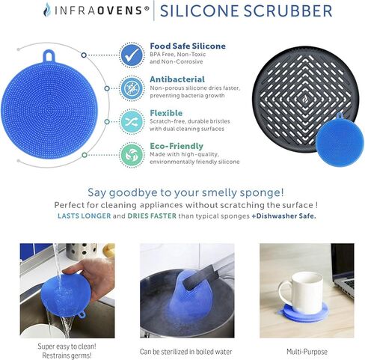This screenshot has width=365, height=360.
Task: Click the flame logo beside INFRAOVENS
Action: [47, 10]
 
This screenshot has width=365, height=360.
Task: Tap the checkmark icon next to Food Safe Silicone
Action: [132, 55]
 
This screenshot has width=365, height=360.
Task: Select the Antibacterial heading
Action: [177, 79]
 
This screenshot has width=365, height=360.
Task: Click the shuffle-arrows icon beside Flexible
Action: [132, 122]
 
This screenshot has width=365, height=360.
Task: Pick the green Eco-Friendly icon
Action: [132, 155]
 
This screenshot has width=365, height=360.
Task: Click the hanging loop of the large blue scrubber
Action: [49, 55]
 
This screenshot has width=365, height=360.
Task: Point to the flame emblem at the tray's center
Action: [305, 99]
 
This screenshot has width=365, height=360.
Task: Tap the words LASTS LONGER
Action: [85, 216]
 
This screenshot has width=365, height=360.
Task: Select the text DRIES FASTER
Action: [152, 216]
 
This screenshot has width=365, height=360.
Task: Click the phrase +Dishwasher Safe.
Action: [283, 216]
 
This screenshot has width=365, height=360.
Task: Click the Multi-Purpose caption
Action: [307, 352]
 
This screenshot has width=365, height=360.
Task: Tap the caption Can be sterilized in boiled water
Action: [185, 352]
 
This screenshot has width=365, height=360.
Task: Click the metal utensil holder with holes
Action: [82, 251]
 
